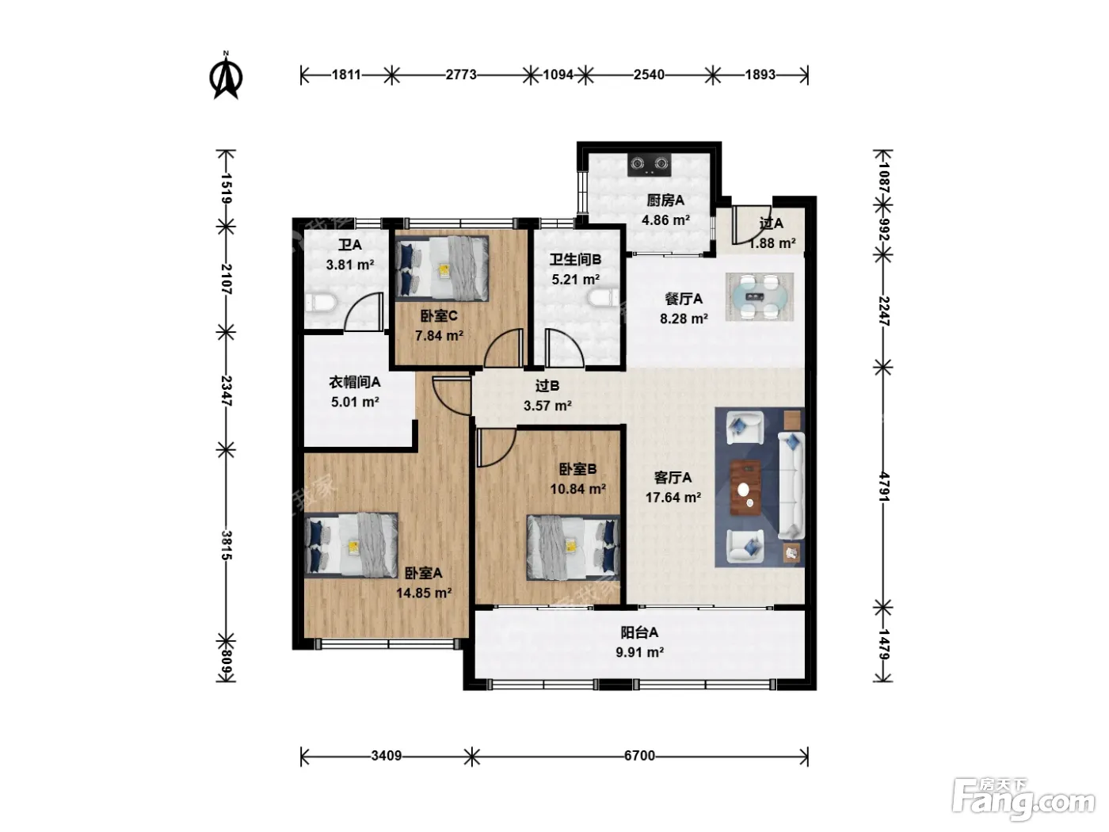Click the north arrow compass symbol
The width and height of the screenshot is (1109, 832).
click(x=226, y=76)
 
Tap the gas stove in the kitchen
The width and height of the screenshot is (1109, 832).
click(x=650, y=164)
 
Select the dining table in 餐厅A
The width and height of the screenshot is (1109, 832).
click(x=760, y=296)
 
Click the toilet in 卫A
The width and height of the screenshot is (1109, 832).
click(x=322, y=303)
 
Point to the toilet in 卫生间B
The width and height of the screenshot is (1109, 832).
click(x=604, y=297)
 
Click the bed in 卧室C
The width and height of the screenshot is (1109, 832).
click(x=442, y=269)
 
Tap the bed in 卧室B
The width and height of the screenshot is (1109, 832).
click(x=573, y=548)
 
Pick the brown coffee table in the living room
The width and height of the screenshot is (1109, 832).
click(x=745, y=488)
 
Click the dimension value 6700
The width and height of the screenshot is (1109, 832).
click(x=639, y=756)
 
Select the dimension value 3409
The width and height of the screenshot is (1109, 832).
click(x=386, y=756)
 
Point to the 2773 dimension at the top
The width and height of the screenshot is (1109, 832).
click(x=461, y=74)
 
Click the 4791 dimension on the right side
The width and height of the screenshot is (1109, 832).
click(x=884, y=487)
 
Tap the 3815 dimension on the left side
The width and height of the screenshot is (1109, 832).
click(x=226, y=545)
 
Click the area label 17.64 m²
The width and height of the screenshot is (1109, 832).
click(x=673, y=498)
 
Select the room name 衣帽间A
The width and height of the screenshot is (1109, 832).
click(x=355, y=383)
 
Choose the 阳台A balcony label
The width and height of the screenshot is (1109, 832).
click(x=639, y=632)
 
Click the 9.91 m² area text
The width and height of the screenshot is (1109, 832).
click(x=639, y=653)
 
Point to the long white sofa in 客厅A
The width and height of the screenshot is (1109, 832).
click(x=791, y=486)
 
